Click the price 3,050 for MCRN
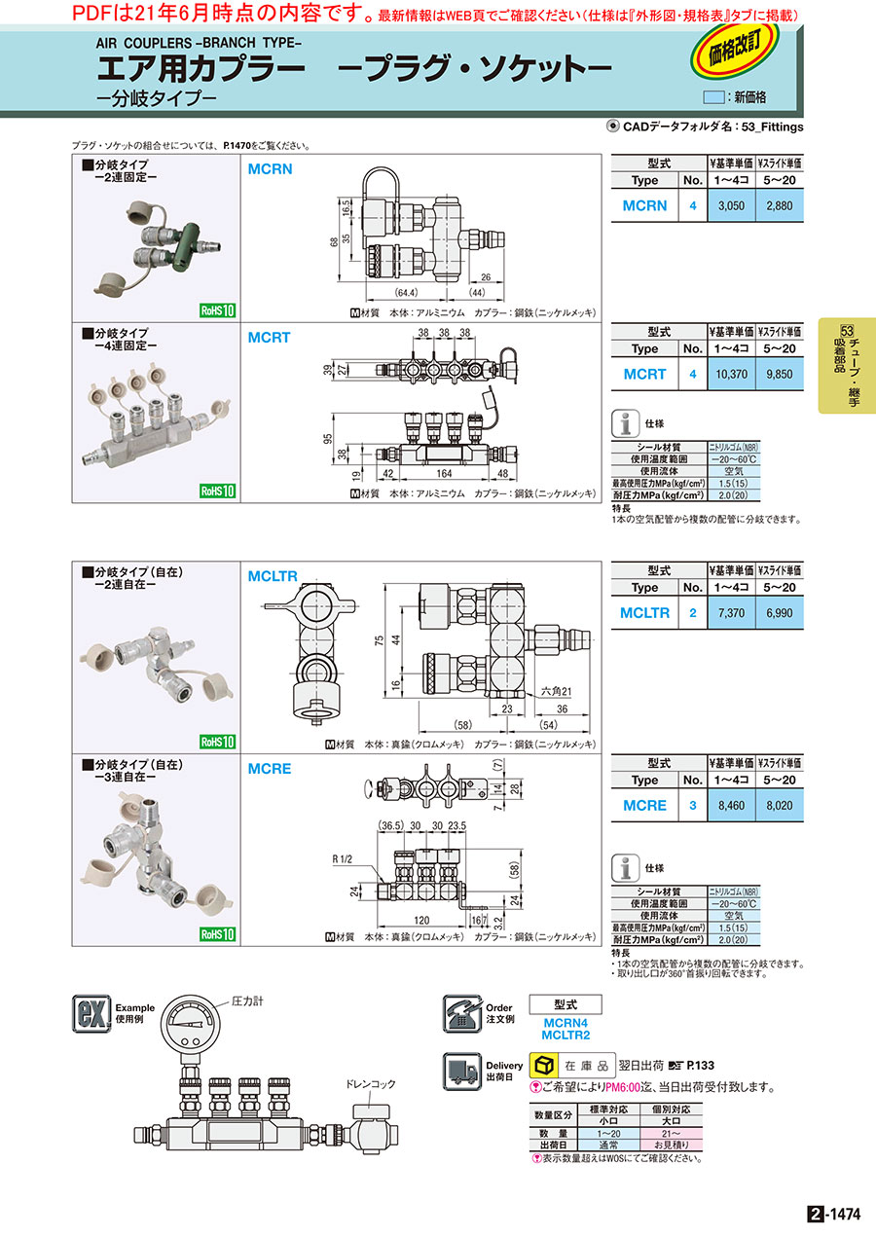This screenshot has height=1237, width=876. click(x=730, y=206)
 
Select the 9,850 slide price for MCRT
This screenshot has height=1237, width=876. click(x=781, y=374)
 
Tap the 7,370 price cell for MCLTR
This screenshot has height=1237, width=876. click(x=730, y=613)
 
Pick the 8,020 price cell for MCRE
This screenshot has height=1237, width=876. click(x=781, y=806)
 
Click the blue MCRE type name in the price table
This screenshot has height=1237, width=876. click(x=644, y=806)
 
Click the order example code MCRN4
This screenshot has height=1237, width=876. click(x=565, y=1023)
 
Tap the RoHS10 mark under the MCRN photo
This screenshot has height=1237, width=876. click(x=218, y=310)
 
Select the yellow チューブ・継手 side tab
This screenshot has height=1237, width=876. click(x=847, y=366)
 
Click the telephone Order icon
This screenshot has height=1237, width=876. click(x=463, y=1013)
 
